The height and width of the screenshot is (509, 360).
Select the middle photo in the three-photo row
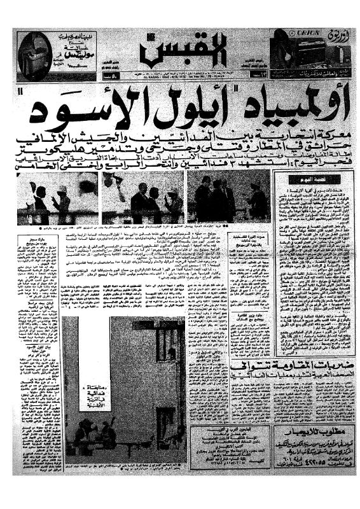tap(142, 197)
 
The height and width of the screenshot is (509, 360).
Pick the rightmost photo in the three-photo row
tap(230, 197)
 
